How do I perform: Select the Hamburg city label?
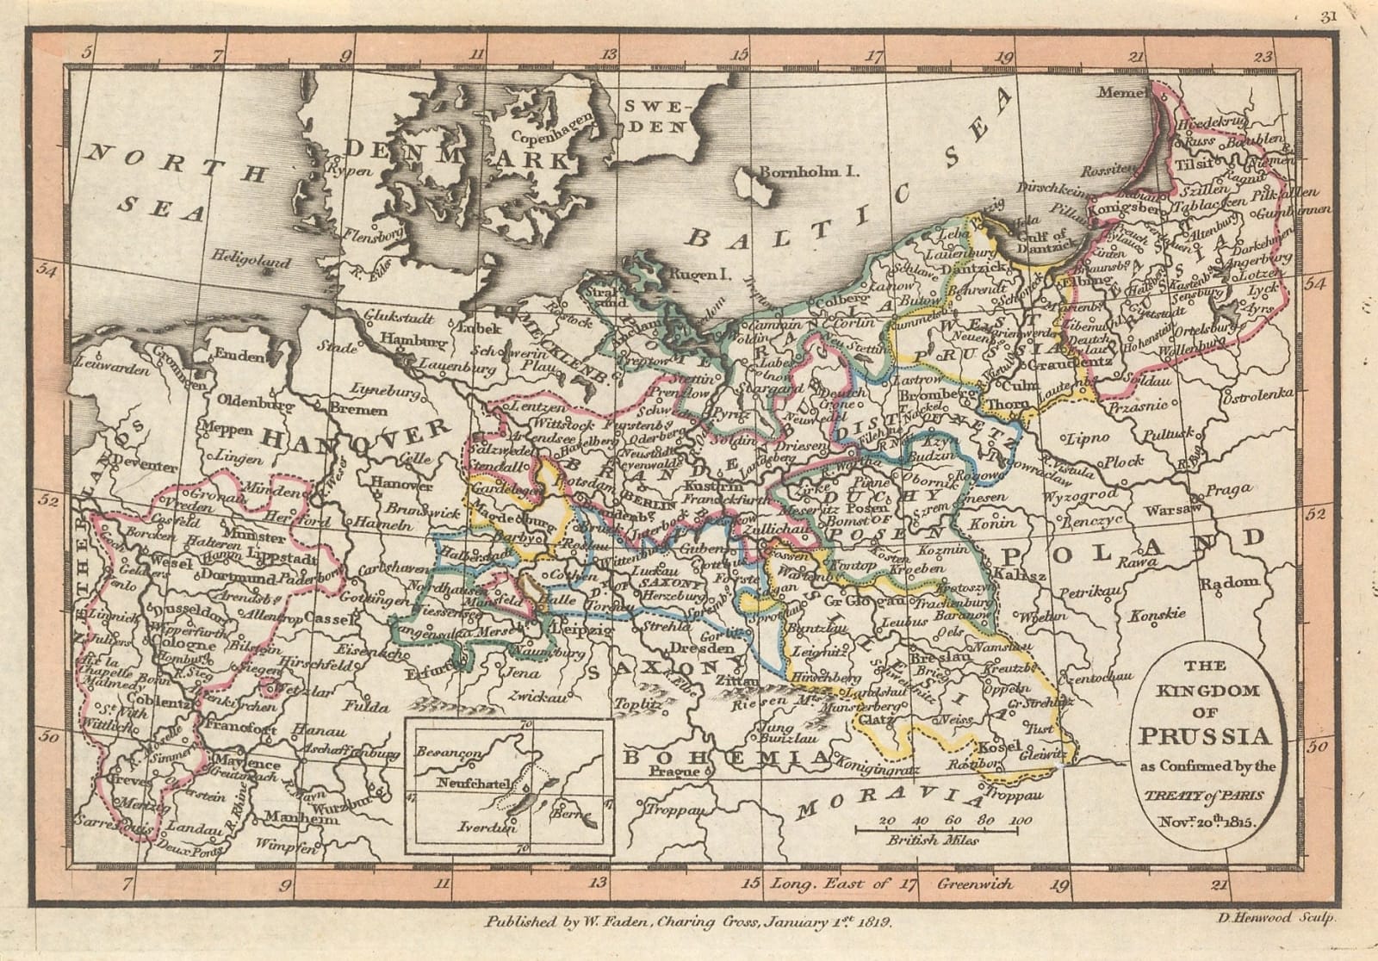(x=408, y=339)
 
